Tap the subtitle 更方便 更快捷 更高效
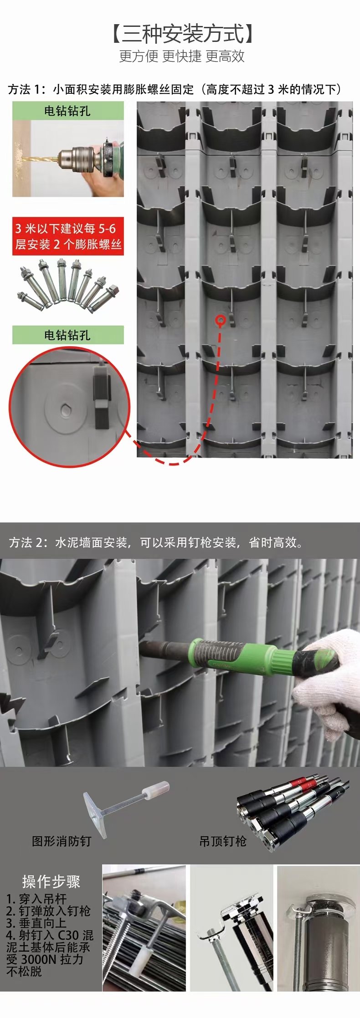pos(182,56)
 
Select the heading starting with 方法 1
pos(175,89)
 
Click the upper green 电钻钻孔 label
pos(67,111)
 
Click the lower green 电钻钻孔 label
pos(67,335)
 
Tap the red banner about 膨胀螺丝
pos(68,236)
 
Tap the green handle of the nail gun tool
pos(244,655)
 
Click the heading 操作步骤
pos(51,882)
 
